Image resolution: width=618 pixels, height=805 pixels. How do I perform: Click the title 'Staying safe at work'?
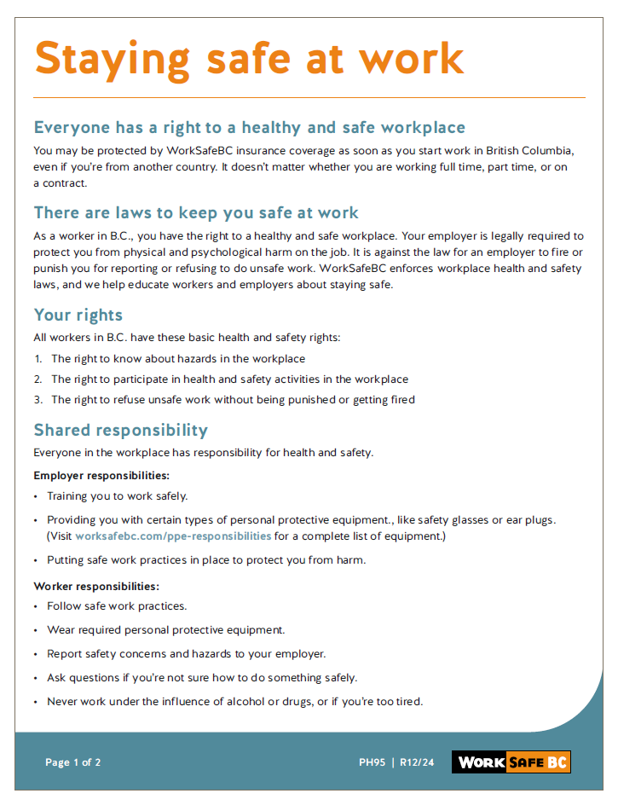click(248, 58)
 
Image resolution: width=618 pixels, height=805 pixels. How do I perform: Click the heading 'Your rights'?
click(78, 315)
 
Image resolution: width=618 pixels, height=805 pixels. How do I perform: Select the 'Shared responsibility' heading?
click(120, 430)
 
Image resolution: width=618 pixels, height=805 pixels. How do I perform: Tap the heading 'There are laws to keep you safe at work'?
click(196, 212)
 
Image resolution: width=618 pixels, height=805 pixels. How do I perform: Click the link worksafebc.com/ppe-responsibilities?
click(173, 536)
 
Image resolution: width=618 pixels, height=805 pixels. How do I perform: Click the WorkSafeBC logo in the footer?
click(511, 762)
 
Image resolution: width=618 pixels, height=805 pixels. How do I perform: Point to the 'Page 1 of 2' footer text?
click(72, 762)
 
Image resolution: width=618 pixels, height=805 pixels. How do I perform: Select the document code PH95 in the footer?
click(372, 762)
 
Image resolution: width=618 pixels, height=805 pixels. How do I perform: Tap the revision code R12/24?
click(417, 762)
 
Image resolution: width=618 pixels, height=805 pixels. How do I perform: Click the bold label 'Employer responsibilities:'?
click(101, 475)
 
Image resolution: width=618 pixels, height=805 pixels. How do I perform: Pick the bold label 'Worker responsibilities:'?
click(96, 586)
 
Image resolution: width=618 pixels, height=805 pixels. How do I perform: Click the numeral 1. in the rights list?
click(38, 359)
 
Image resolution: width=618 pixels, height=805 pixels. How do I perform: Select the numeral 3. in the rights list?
click(38, 399)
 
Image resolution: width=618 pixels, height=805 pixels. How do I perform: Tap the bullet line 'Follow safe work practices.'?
click(117, 606)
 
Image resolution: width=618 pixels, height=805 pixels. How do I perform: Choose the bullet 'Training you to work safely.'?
click(118, 495)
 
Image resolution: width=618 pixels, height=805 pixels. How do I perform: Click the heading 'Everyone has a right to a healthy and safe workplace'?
click(249, 128)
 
